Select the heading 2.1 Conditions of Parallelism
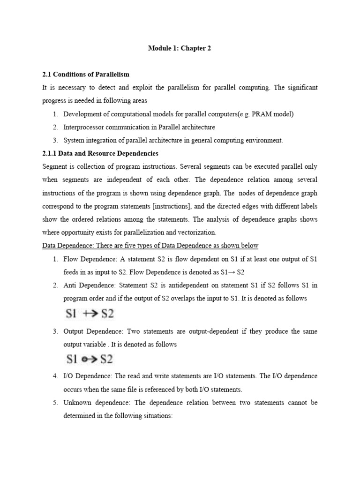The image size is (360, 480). click(86, 75)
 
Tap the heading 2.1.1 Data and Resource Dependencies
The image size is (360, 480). click(100, 153)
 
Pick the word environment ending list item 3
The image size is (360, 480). click(264, 140)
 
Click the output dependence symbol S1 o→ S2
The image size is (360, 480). click(89, 360)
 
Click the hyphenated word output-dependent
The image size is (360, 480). click(215, 331)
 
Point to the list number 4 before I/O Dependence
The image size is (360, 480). click(55, 376)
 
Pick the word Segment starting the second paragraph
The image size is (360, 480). click(55, 166)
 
